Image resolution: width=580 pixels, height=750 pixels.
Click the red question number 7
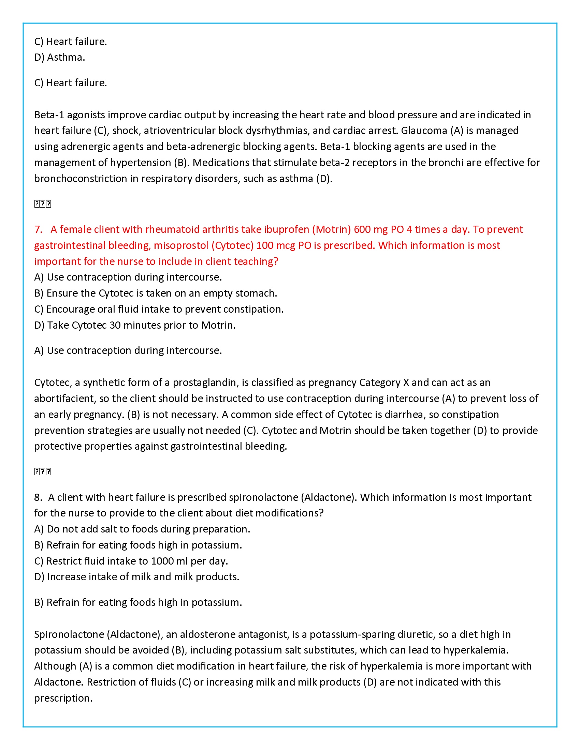38,229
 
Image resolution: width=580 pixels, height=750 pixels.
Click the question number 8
38,497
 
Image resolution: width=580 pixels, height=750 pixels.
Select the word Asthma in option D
66,57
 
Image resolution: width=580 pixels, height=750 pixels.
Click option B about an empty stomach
155,293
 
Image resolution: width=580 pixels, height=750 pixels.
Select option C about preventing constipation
159,310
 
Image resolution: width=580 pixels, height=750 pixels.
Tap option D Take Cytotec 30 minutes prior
135,325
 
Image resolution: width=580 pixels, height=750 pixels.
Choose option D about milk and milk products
136,577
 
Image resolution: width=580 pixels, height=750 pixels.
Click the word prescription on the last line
63,698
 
